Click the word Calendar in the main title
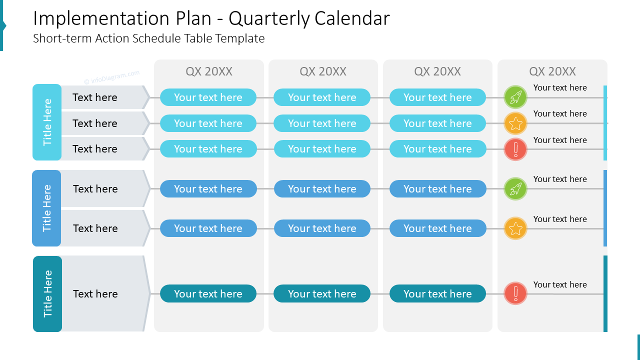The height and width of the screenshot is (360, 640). (x=352, y=18)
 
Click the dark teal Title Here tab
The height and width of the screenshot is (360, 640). (x=47, y=293)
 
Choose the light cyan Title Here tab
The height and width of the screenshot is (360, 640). (x=47, y=122)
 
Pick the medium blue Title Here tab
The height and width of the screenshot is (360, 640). (x=46, y=208)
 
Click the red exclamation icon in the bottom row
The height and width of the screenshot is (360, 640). (x=515, y=293)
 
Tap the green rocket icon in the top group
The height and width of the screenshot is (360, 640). (x=515, y=97)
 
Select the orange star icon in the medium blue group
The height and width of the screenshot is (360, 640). (x=515, y=228)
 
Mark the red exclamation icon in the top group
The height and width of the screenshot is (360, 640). (x=515, y=149)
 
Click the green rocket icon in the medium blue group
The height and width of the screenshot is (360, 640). (x=515, y=188)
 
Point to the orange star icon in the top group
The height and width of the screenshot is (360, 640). (x=515, y=123)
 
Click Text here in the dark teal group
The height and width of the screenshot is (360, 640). (x=95, y=293)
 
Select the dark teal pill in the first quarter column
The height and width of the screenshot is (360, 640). (x=208, y=293)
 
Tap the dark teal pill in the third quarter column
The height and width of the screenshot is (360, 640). (x=437, y=293)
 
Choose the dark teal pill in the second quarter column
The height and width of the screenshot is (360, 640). (x=322, y=293)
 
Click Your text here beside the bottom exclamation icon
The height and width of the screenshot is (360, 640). (x=560, y=284)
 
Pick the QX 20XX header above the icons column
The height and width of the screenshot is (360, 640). (x=552, y=71)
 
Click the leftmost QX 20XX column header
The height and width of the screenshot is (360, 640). (x=209, y=71)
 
